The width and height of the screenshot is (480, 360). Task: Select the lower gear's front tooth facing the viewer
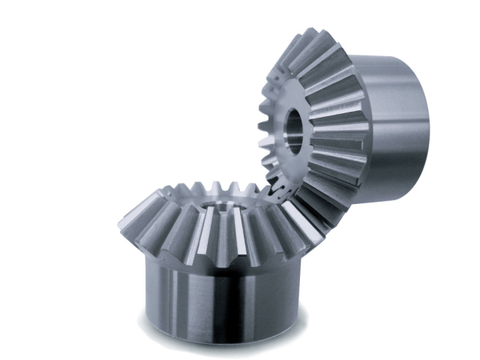point(217,240)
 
